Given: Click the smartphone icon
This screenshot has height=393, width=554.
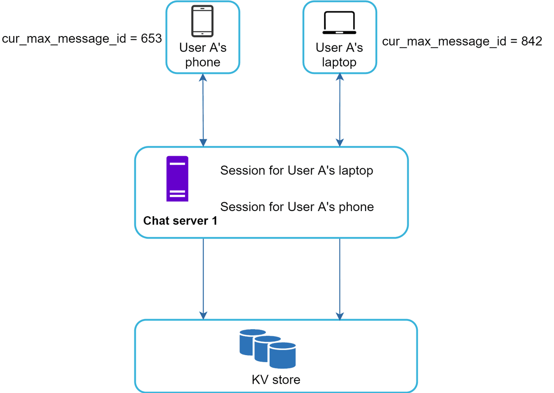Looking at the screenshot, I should (x=202, y=21).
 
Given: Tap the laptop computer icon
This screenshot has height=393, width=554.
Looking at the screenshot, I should (x=339, y=23).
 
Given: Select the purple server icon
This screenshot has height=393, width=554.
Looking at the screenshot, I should (x=177, y=179).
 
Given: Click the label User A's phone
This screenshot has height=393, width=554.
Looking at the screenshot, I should (x=203, y=55).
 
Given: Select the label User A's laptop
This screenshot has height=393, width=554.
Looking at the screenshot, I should (x=339, y=55).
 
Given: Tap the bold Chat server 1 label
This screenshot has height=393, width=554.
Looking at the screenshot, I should (x=181, y=221).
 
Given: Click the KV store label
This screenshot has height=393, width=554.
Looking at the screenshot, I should (x=276, y=380).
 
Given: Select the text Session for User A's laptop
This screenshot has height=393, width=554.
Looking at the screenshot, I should (x=296, y=170).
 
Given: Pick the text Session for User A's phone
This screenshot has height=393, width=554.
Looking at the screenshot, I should (x=297, y=206).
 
